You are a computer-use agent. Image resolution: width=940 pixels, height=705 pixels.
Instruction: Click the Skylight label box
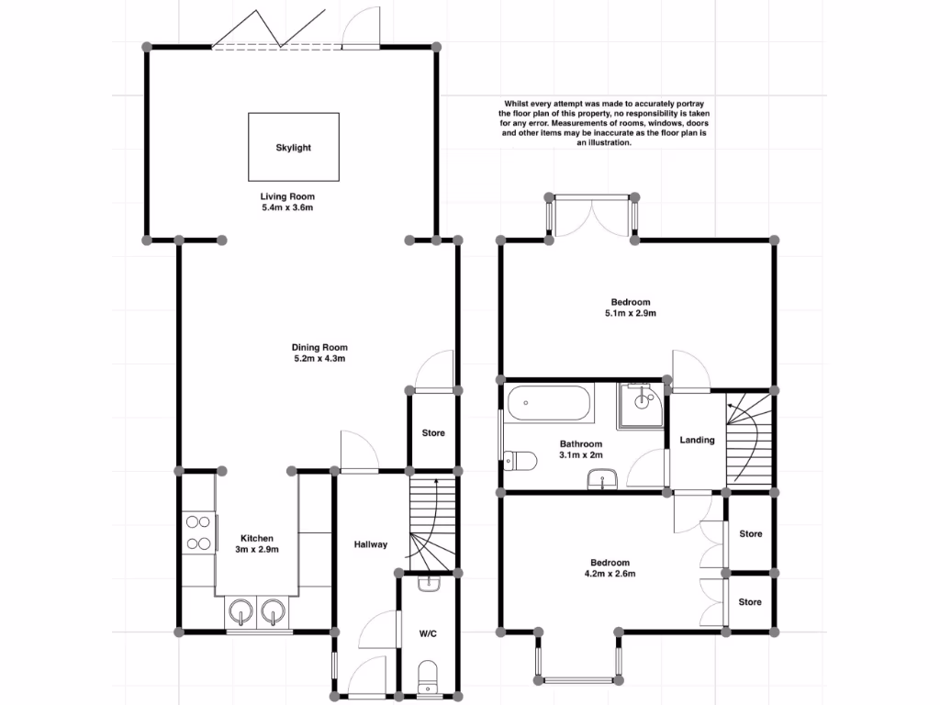click(x=294, y=147)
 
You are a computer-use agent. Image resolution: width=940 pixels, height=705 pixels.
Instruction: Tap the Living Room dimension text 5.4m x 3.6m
click(x=287, y=207)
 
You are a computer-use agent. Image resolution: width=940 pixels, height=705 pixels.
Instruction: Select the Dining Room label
click(x=319, y=347)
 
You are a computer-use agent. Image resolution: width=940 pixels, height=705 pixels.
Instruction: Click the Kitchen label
click(x=257, y=538)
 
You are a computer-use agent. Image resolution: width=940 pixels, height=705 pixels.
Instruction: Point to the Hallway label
click(x=371, y=544)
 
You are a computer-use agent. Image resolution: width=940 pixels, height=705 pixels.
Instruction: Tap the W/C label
click(x=428, y=633)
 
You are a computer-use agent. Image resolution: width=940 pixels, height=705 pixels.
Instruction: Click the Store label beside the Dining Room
click(x=433, y=433)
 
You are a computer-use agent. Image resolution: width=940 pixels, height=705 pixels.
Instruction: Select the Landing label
click(x=698, y=440)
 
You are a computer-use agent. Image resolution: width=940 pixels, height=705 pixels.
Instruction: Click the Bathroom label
click(x=581, y=444)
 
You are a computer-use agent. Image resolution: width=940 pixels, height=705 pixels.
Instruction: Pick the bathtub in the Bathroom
click(x=549, y=403)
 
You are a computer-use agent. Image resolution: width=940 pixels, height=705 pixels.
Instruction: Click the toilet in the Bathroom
click(x=520, y=461)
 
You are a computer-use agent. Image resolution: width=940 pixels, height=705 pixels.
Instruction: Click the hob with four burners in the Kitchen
click(x=198, y=532)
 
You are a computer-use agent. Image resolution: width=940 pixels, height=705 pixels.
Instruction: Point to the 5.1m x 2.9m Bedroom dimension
click(x=631, y=313)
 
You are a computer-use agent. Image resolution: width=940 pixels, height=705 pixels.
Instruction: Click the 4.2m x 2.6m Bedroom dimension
click(x=610, y=573)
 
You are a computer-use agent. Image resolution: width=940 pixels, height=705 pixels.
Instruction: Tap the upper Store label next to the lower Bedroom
click(x=751, y=533)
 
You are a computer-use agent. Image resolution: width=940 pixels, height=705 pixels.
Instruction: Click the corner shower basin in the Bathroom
click(x=641, y=406)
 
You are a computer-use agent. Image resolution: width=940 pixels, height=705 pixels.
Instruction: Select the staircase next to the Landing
click(x=748, y=438)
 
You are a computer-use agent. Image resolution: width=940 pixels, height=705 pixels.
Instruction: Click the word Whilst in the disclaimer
click(x=516, y=104)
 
